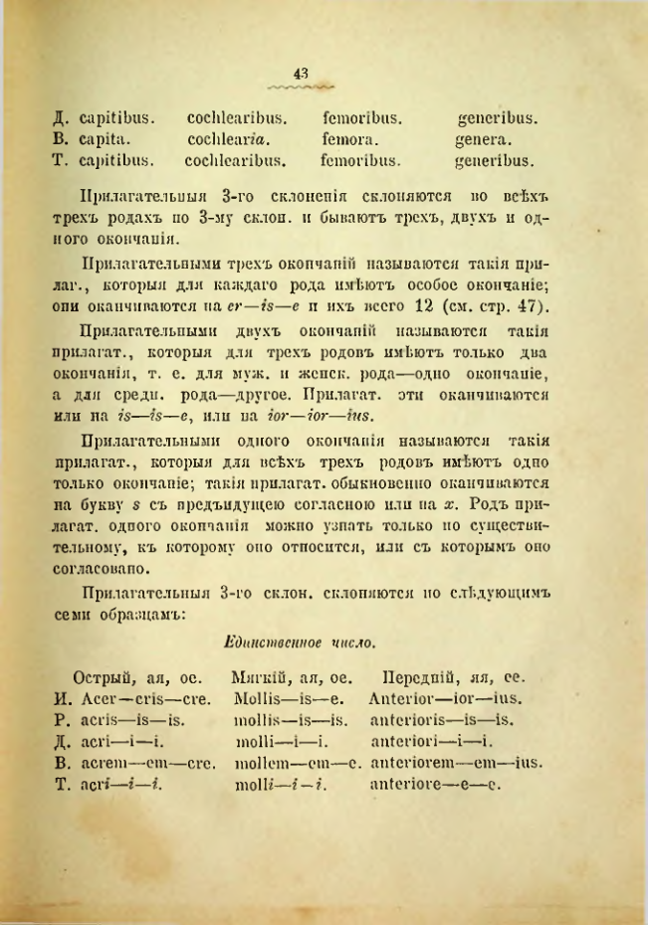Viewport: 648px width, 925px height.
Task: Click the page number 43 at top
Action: tap(302, 72)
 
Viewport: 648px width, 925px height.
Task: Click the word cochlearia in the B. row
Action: tap(228, 139)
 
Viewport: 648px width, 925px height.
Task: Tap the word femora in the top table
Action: tap(348, 139)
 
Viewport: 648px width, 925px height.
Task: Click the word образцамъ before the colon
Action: tap(126, 613)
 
